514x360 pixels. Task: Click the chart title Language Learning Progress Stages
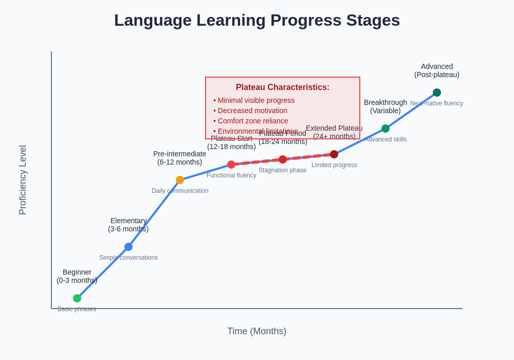(257, 21)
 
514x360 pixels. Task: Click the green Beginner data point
(77, 298)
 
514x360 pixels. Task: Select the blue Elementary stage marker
(128, 247)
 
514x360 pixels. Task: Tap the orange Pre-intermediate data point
(180, 180)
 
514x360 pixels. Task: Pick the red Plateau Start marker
(231, 165)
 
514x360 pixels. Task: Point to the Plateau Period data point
(283, 159)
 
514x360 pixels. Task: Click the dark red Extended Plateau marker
(334, 154)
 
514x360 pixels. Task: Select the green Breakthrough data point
(385, 129)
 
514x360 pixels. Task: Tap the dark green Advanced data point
(437, 93)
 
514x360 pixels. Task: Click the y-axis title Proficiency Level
(23, 180)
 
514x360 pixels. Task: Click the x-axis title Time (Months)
(256, 331)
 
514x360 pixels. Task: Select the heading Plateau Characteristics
(283, 87)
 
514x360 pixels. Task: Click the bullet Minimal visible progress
(254, 100)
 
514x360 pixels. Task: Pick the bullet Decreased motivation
(250, 111)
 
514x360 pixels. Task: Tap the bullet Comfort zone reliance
(251, 121)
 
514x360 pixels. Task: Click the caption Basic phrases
(77, 309)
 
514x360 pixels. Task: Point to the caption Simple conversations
(128, 258)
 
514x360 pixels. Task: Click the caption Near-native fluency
(436, 103)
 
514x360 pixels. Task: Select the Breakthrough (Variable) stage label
(385, 106)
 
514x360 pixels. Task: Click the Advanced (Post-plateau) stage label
(437, 70)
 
